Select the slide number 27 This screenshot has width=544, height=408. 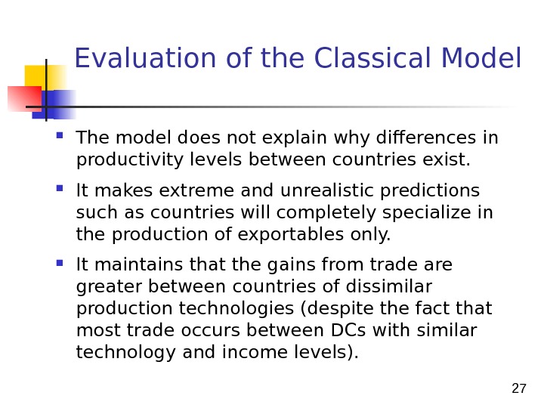pyautogui.click(x=518, y=388)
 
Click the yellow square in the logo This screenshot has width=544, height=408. pyautogui.click(x=45, y=78)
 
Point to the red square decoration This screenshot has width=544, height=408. pyautogui.click(x=25, y=99)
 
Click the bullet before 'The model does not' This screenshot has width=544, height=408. pyautogui.click(x=60, y=135)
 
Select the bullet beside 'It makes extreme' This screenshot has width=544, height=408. pyautogui.click(x=60, y=188)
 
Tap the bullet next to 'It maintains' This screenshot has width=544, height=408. pyautogui.click(x=60, y=263)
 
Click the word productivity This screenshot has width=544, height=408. pyautogui.click(x=130, y=161)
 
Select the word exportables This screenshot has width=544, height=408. pyautogui.click(x=291, y=234)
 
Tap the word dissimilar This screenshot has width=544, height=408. pyautogui.click(x=389, y=286)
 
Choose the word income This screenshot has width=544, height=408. pyautogui.click(x=255, y=352)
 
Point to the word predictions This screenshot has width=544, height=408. pyautogui.click(x=430, y=191)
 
